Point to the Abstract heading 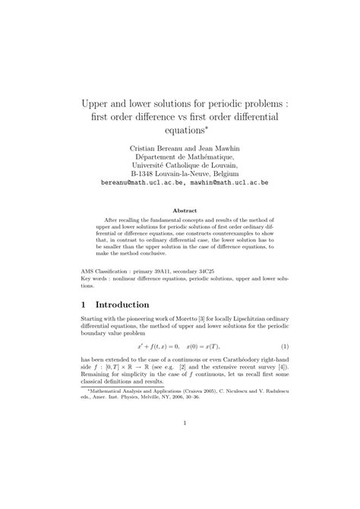tap(185, 210)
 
